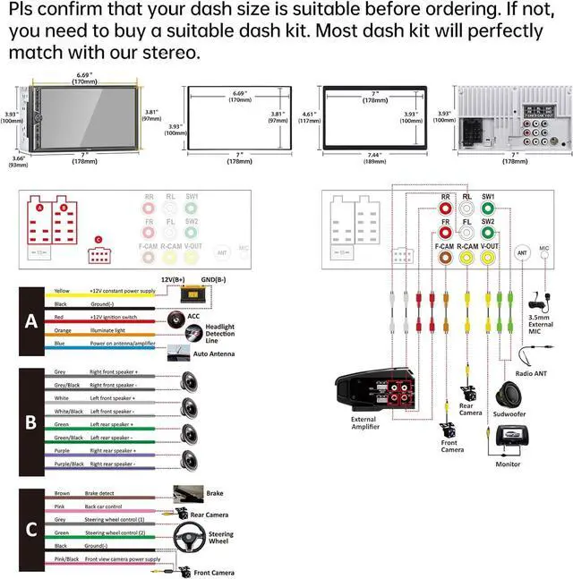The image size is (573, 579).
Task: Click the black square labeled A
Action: (x=30, y=320)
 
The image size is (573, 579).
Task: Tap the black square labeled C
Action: (x=30, y=529)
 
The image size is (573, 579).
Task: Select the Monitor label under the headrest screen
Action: (x=508, y=464)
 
